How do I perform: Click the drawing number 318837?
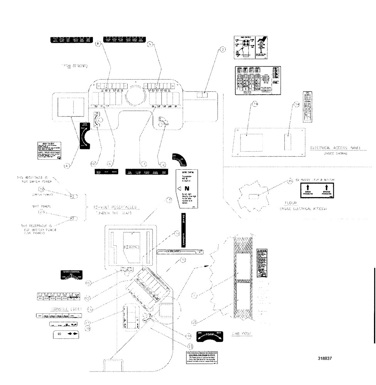[x=326, y=358]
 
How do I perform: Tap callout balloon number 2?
[x=222, y=49]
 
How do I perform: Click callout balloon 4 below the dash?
[x=68, y=166]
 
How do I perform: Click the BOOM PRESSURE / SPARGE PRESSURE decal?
[x=317, y=191]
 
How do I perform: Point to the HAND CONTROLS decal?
[x=249, y=48]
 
